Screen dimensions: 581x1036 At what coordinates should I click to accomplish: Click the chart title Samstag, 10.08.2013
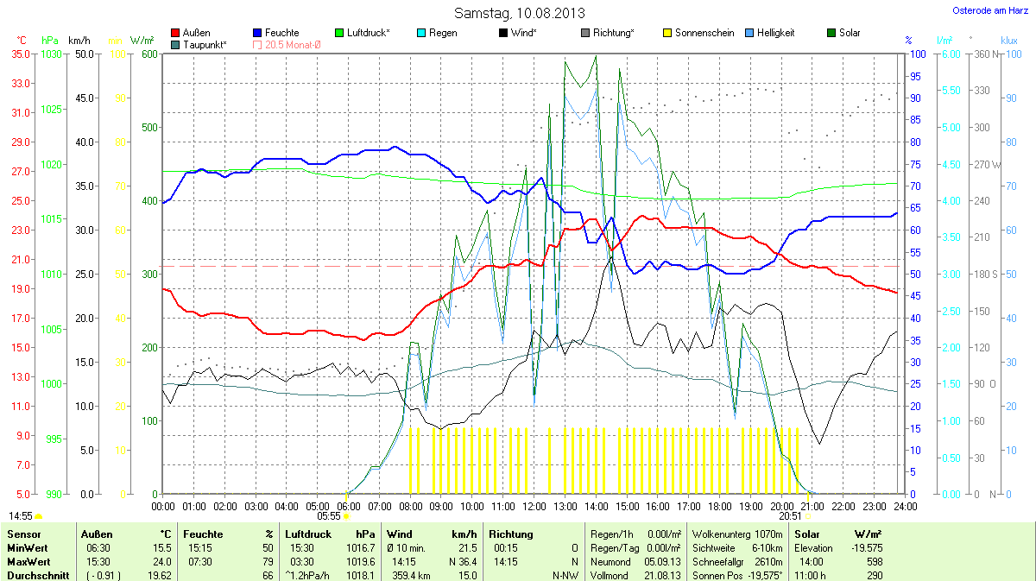[519, 13]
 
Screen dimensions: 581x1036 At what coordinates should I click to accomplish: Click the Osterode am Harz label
[989, 10]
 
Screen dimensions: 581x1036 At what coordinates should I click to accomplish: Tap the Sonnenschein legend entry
[698, 33]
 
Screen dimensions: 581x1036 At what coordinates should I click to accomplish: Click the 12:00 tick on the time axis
[534, 506]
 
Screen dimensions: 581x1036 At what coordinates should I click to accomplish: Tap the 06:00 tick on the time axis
[349, 506]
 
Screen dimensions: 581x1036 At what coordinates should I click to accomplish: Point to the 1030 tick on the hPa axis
[52, 54]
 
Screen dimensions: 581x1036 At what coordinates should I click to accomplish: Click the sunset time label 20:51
[790, 515]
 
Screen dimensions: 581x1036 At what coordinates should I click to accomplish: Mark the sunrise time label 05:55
[329, 515]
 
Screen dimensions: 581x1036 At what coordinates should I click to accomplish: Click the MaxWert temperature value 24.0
[162, 562]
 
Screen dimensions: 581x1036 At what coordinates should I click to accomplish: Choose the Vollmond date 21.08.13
[662, 575]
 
